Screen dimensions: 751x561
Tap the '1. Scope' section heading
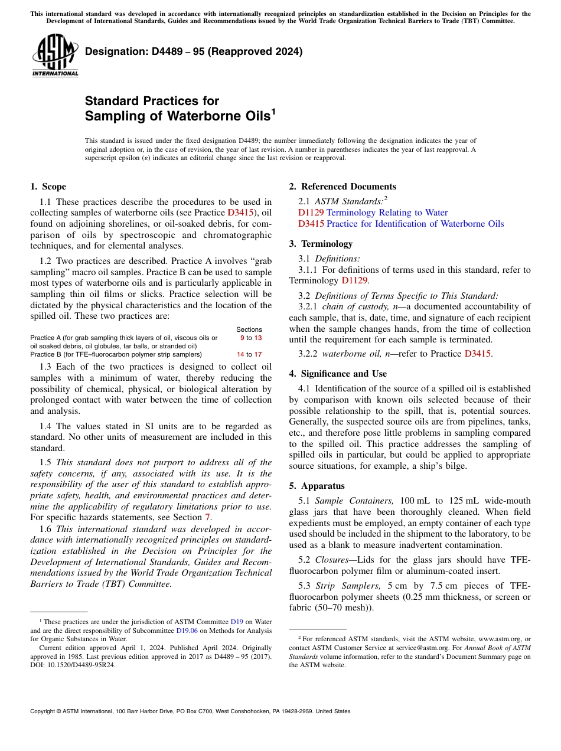coord(48,187)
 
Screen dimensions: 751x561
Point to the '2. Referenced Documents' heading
coord(343,187)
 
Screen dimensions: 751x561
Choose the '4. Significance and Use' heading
coord(338,374)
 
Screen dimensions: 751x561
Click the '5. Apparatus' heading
coord(317,486)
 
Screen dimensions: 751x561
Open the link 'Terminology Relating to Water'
coord(387,213)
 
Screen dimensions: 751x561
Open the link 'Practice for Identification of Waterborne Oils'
coord(415,224)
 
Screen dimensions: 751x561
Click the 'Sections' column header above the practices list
coord(249,329)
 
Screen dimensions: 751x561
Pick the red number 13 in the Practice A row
coord(258,338)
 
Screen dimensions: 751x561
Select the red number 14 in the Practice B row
coord(240,354)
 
